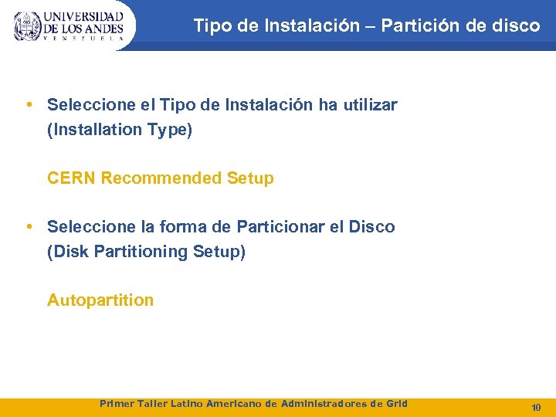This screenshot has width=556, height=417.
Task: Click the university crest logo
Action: [28, 26]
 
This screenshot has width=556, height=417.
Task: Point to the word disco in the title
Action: [516, 25]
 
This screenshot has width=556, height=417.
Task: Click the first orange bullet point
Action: [28, 104]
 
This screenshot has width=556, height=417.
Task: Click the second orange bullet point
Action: [28, 227]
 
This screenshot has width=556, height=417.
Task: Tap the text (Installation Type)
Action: [120, 129]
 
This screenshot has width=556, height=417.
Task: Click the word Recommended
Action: [161, 178]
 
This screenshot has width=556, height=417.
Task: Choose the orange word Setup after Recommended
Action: [250, 178]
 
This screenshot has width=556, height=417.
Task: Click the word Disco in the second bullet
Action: [371, 227]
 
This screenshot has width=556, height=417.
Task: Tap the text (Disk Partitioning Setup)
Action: [146, 252]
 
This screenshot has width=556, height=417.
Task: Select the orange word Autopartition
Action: [100, 300]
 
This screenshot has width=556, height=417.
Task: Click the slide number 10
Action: [535, 407]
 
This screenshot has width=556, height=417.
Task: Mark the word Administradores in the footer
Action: [318, 403]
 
